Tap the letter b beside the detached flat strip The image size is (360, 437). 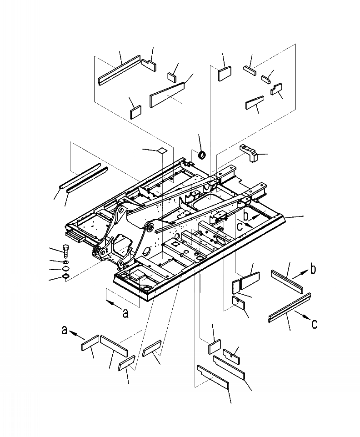tap(313, 270)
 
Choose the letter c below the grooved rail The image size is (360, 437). tap(314, 324)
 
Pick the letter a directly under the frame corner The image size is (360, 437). tap(126, 313)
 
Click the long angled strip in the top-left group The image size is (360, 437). tap(119, 70)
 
